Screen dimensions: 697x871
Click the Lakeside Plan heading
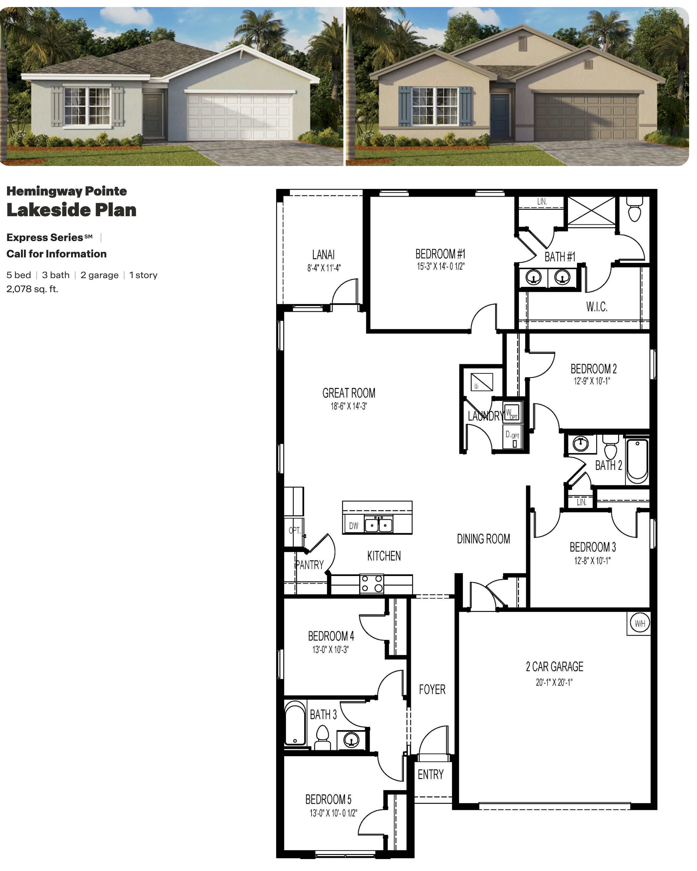(72, 210)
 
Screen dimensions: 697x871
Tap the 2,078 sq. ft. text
(32, 289)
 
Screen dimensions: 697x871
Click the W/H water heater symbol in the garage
(640, 623)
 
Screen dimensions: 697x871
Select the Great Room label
(349, 393)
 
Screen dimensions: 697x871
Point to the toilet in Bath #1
(635, 209)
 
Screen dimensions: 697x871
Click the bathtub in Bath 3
(295, 723)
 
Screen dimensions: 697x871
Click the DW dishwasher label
(354, 526)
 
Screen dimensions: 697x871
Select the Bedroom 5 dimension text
(333, 813)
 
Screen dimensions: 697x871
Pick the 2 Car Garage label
(555, 666)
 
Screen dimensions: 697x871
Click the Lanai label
(324, 254)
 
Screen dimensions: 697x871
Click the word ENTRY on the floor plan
(430, 775)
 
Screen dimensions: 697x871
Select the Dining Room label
(483, 539)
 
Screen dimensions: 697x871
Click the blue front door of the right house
(500, 115)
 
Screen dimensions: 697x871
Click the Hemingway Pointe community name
(67, 191)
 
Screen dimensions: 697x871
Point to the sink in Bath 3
(351, 740)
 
